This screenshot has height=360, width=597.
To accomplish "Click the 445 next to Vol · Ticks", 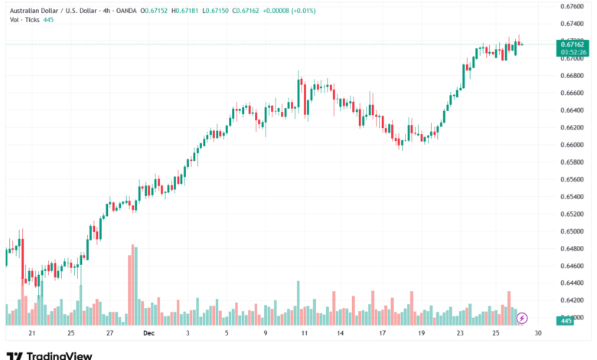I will pyautogui.click(x=48, y=19).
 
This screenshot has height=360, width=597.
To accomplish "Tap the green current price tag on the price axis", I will pyautogui.click(x=572, y=45).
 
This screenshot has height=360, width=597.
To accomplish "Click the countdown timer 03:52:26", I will pyautogui.click(x=572, y=53).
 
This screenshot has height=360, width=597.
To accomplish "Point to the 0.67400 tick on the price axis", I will pyautogui.click(x=572, y=24).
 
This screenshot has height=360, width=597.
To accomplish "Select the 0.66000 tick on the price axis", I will pyautogui.click(x=572, y=145).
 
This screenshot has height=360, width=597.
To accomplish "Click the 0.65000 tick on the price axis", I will pyautogui.click(x=572, y=231).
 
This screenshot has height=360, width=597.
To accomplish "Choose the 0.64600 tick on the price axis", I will pyautogui.click(x=572, y=266).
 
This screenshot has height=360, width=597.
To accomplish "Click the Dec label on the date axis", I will pyautogui.click(x=148, y=333).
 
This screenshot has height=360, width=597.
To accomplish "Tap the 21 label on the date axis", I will pyautogui.click(x=31, y=333).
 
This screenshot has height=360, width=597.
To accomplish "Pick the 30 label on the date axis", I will pyautogui.click(x=538, y=333).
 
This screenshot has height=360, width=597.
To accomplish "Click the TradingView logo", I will pyautogui.click(x=49, y=355).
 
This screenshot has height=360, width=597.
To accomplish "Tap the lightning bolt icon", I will pyautogui.click(x=523, y=317).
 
